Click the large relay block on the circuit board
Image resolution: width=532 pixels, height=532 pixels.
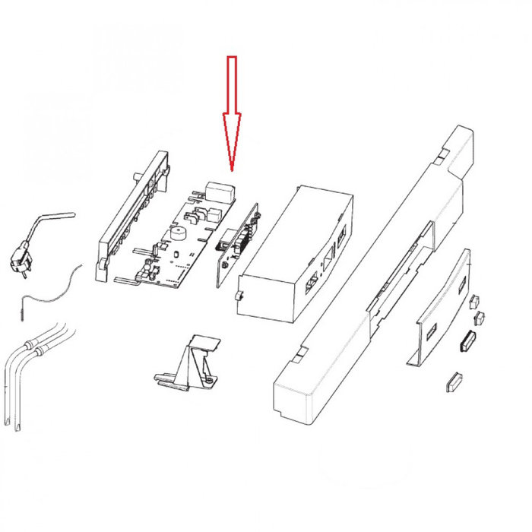click(x=217, y=190)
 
